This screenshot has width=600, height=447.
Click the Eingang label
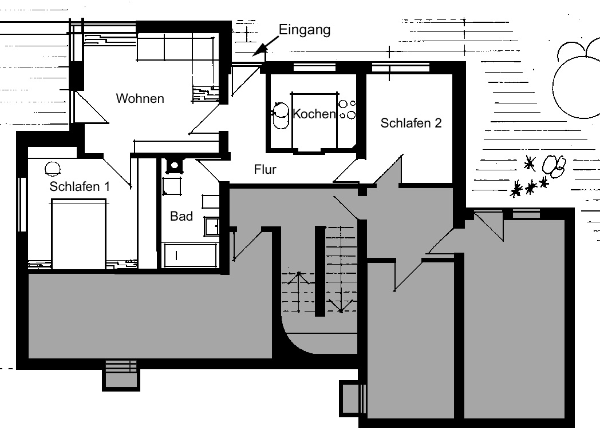click(304, 30)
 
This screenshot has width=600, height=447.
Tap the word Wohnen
click(140, 98)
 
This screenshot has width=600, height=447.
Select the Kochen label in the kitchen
click(314, 114)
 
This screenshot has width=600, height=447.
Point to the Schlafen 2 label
click(411, 123)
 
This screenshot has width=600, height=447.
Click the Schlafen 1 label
click(80, 186)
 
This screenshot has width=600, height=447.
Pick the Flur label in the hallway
click(265, 169)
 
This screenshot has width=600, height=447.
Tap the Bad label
click(181, 216)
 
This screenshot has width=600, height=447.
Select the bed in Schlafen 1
click(78, 234)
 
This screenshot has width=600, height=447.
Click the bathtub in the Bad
click(190, 255)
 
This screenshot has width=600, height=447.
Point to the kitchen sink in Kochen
click(281, 115)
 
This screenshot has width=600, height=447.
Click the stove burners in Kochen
click(347, 109)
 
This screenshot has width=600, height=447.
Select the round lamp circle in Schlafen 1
click(53, 169)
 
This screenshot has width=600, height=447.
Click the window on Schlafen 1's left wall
click(22, 204)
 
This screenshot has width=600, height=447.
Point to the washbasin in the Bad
click(212, 226)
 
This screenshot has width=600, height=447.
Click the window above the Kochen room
click(314, 67)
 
